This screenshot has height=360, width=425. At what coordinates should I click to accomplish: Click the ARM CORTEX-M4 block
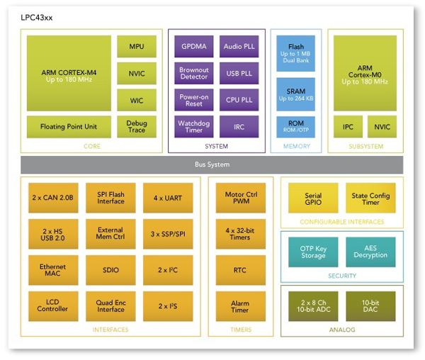[x=68, y=74]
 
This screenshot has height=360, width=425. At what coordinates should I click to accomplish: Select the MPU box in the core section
[x=136, y=47]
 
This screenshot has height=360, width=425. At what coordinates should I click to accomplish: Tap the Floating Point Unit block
[x=68, y=127]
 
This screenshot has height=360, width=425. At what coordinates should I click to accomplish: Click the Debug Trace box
[x=136, y=127]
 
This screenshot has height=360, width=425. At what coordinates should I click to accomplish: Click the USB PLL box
[x=239, y=73]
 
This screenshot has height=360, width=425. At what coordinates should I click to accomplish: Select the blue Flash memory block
[x=295, y=52]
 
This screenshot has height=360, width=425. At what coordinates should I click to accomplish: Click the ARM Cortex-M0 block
[x=365, y=74]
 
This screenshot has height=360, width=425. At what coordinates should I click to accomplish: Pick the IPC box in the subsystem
[x=348, y=127]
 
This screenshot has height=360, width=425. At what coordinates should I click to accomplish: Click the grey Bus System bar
[x=212, y=164]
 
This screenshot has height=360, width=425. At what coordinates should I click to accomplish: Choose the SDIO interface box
[x=110, y=269]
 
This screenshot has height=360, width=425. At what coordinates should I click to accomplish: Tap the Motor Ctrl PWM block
[x=239, y=198]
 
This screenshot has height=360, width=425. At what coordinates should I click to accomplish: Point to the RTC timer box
[x=239, y=269]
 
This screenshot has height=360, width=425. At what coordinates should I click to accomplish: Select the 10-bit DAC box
[x=370, y=305]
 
